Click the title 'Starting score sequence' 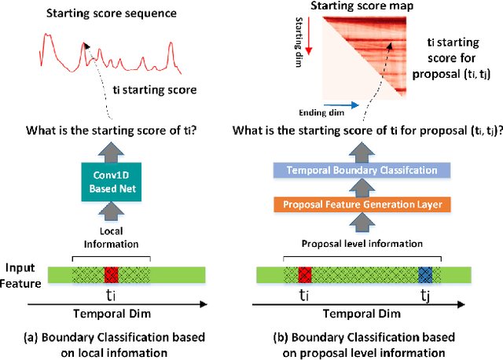[101, 13]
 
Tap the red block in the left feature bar [111, 274]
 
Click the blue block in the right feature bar [424, 274]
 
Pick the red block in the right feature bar [304, 274]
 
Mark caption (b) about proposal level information [369, 343]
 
